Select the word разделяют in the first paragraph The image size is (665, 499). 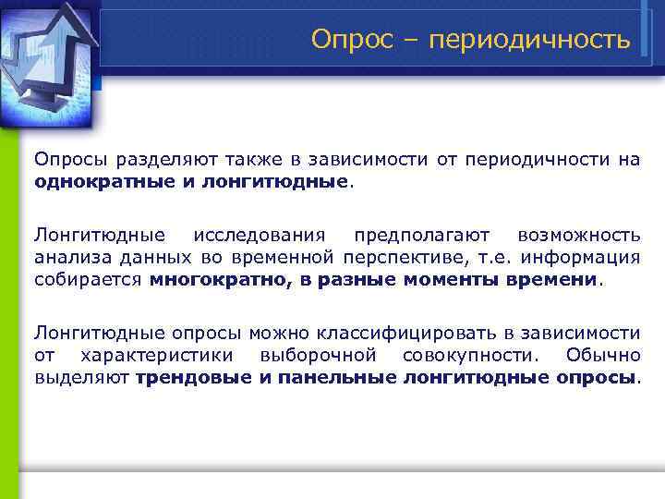(159, 160)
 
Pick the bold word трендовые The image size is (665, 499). (192, 377)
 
